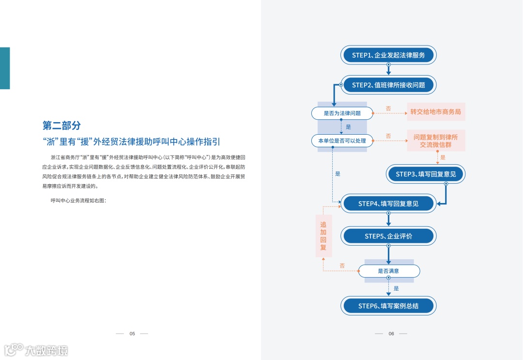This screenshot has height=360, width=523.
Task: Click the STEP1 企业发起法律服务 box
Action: (388, 55)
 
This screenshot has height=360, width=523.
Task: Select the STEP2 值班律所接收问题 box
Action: (388, 85)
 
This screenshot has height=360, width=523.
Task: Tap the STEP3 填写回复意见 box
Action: (426, 174)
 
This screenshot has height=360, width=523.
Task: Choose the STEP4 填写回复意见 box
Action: (388, 203)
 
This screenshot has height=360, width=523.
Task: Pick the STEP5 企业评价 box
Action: (388, 236)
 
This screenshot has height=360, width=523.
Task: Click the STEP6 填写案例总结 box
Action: (388, 306)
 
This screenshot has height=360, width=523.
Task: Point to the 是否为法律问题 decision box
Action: (342, 113)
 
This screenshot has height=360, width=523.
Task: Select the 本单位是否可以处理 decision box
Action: (342, 141)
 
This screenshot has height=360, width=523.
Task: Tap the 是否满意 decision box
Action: (388, 271)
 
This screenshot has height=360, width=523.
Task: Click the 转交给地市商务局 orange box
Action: (435, 112)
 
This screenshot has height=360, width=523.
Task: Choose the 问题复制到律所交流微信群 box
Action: (435, 141)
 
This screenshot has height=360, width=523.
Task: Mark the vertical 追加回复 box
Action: (323, 236)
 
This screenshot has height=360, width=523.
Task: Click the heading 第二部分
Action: (62, 125)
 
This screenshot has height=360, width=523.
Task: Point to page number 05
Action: (132, 333)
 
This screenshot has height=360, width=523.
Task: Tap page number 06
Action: (391, 333)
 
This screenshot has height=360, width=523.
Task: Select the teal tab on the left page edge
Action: (5, 68)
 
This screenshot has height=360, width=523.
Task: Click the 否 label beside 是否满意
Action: (342, 266)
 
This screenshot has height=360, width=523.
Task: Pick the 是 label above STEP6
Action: (396, 288)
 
